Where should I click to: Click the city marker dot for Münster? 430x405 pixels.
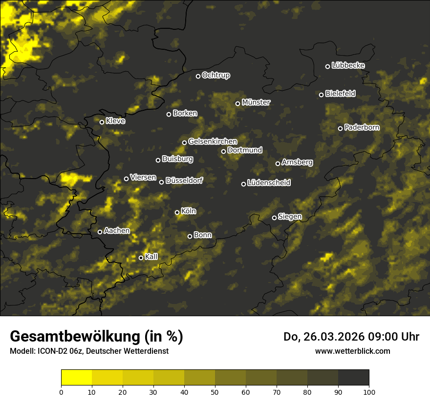click(238, 103)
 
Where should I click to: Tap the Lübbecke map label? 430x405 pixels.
click(348, 66)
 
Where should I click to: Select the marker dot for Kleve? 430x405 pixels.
click(102, 122)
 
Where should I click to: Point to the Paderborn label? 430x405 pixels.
click(362, 128)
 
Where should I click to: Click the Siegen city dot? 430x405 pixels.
click(275, 218)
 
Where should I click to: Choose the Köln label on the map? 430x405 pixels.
click(188, 212)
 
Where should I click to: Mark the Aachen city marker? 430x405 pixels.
click(100, 232)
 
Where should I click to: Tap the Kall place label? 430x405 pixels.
click(151, 257)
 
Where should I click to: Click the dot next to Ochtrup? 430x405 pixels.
click(198, 76)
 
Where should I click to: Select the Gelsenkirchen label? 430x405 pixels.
click(213, 142)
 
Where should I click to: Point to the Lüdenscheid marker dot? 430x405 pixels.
click(244, 184)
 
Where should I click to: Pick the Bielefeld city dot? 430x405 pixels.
click(322, 95)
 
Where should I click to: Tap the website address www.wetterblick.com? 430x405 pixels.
click(352, 351)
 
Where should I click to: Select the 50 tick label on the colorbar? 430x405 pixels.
click(215, 391)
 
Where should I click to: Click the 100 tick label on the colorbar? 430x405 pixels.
click(369, 391)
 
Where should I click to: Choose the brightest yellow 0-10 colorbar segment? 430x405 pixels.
click(77, 378)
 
